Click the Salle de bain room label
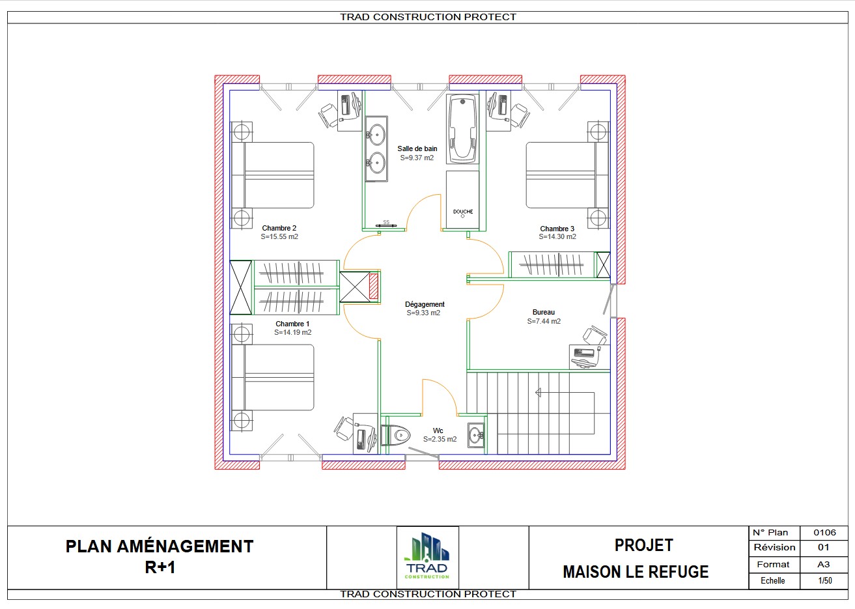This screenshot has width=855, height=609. [x=417, y=149]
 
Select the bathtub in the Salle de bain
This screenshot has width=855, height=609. [x=462, y=129]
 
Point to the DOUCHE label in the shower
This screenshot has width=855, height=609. [x=463, y=212]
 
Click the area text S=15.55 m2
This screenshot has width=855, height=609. [x=279, y=236]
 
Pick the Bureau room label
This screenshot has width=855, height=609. [x=544, y=313]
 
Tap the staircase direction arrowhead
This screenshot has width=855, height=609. [x=538, y=393]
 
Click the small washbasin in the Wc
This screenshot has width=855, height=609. [x=476, y=435]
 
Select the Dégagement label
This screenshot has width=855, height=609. [x=425, y=304]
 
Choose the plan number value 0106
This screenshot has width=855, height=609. [x=824, y=533]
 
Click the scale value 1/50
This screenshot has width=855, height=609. [x=825, y=581]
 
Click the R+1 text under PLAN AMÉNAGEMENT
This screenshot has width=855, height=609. [x=160, y=567]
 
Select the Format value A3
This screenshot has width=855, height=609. [x=824, y=564]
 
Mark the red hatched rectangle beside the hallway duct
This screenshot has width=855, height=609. [x=374, y=286]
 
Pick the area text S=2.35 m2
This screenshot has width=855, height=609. [x=440, y=440]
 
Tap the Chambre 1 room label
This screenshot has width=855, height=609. [x=292, y=324]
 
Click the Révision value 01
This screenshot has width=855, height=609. [x=823, y=548]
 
